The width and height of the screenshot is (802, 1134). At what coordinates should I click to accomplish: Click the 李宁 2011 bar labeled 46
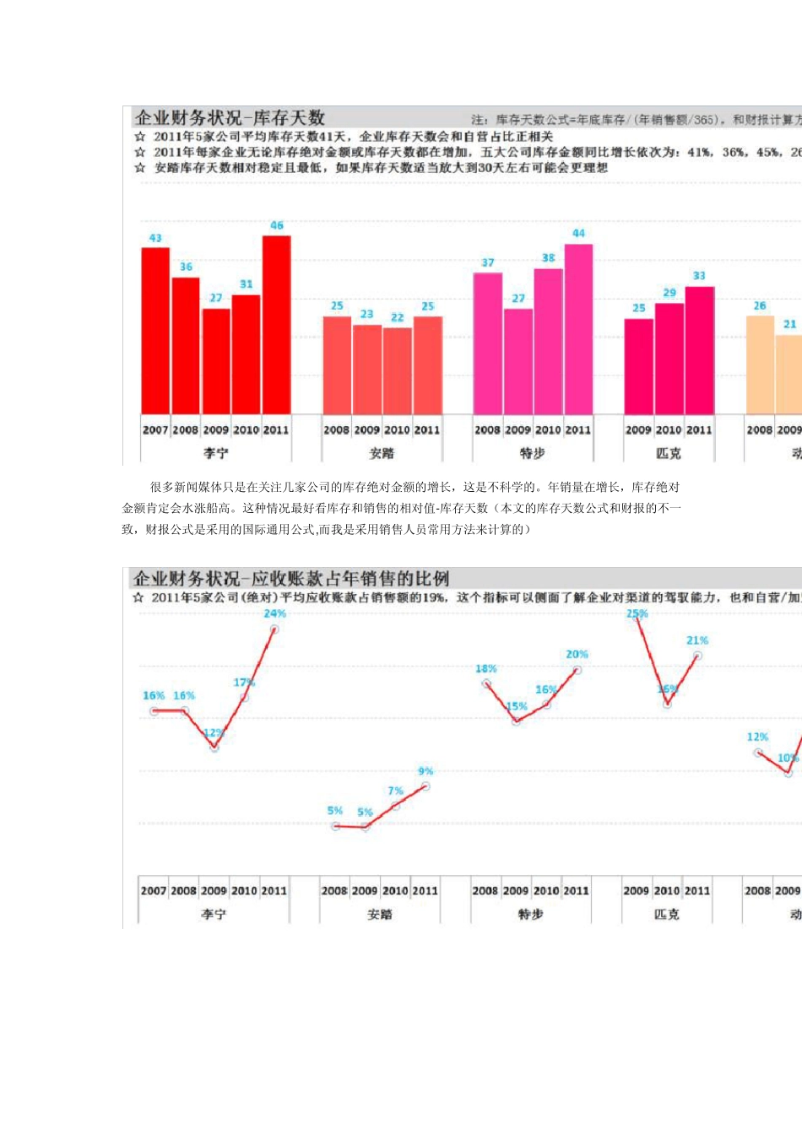coord(277,325)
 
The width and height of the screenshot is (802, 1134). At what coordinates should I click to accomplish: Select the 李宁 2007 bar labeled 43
coord(155,331)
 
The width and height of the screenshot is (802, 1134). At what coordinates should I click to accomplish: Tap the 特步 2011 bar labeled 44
coord(578,329)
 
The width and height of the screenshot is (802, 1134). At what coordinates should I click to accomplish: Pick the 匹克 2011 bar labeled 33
coord(699,350)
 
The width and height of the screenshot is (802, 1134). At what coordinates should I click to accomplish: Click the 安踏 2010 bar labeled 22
coord(397,370)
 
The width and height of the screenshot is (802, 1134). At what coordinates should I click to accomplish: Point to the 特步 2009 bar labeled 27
coord(518,361)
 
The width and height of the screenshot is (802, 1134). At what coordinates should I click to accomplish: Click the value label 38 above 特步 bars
coord(549,257)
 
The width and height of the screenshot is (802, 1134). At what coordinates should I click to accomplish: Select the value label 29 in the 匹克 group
coord(669,293)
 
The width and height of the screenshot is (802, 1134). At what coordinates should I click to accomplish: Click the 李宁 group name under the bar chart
coord(216,453)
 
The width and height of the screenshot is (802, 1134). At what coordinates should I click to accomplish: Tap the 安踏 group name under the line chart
coord(380,914)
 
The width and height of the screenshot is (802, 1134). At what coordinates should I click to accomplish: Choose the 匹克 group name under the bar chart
coord(669,453)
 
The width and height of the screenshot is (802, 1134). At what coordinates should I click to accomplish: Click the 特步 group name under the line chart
coord(531,914)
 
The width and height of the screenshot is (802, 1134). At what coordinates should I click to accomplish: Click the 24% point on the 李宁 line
coord(274,629)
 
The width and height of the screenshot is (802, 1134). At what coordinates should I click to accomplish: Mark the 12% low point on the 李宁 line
coord(214,747)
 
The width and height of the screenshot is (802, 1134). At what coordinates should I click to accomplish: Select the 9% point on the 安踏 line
coord(425,786)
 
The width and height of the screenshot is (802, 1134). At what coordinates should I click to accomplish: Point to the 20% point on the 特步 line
coord(577,670)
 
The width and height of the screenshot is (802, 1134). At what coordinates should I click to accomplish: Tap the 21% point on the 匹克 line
coord(697,656)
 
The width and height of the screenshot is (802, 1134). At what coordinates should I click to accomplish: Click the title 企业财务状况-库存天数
coord(230,118)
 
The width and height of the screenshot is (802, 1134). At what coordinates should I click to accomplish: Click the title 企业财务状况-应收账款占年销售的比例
coord(291,579)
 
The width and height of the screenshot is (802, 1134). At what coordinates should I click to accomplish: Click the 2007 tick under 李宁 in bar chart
coord(155,429)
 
